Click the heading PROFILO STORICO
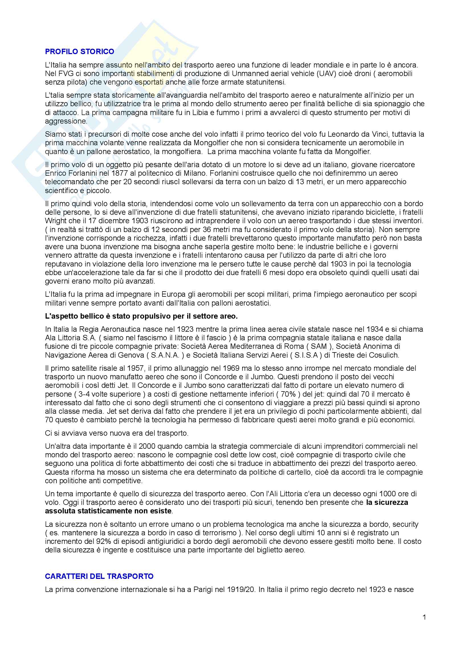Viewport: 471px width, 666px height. click(x=79, y=52)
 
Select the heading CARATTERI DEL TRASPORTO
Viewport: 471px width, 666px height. click(x=99, y=576)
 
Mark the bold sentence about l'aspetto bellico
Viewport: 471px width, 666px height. click(x=141, y=316)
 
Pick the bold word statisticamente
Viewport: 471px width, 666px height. click(x=104, y=511)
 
